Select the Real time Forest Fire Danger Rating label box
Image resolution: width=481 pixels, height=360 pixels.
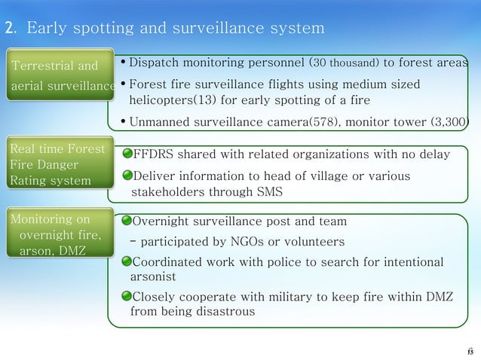point(57,160)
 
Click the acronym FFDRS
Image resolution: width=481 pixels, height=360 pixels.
point(153,154)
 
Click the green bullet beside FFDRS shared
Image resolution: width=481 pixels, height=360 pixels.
point(127,154)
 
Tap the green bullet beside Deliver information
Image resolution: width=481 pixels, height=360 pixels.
point(127,176)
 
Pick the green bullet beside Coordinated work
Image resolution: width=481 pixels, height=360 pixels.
point(127,262)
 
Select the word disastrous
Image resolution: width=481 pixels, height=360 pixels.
point(228,310)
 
